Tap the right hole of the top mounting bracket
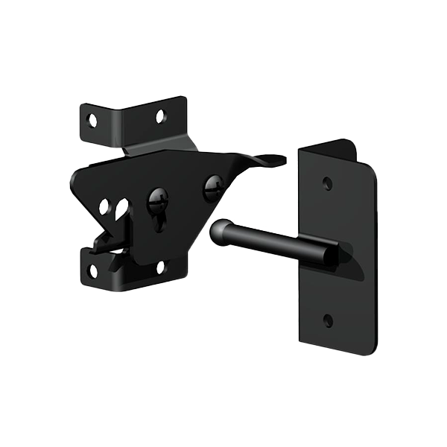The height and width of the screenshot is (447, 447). [x=160, y=115]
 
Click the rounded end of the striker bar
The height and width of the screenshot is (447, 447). [x=218, y=232]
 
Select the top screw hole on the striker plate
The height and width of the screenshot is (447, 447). [x=327, y=183]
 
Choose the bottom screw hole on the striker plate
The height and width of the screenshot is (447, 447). [x=328, y=320]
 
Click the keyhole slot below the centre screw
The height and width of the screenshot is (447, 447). [x=159, y=221]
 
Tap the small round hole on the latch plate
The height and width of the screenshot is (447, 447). [x=104, y=206]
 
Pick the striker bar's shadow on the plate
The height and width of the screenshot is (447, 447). [x=350, y=268]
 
